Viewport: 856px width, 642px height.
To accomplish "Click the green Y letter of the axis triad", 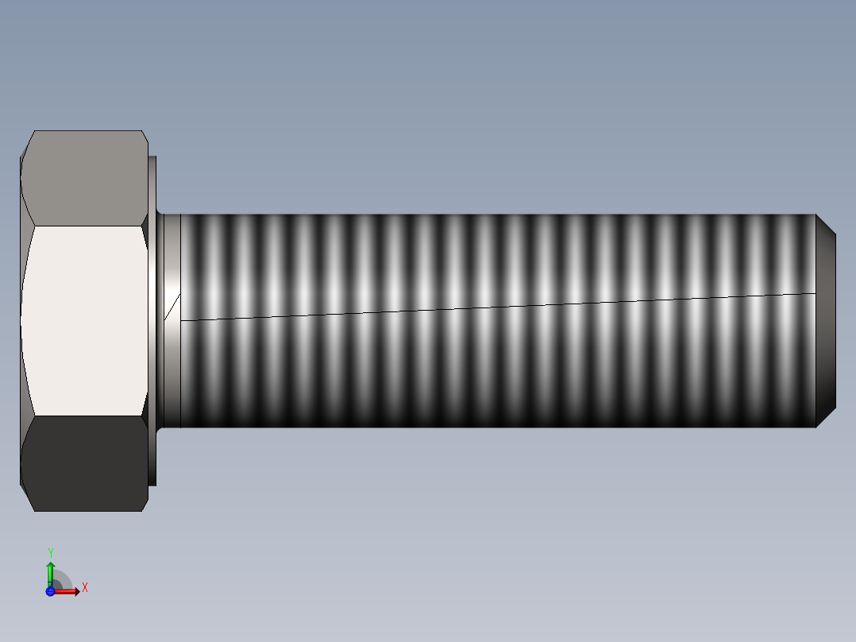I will [x=51, y=552].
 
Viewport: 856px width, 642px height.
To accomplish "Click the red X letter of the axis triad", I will [x=85, y=588].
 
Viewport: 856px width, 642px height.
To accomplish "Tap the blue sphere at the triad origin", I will [x=50, y=591].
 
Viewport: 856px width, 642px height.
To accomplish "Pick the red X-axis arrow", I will [x=68, y=591].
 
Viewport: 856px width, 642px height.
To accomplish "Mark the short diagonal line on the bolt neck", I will [x=172, y=307].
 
